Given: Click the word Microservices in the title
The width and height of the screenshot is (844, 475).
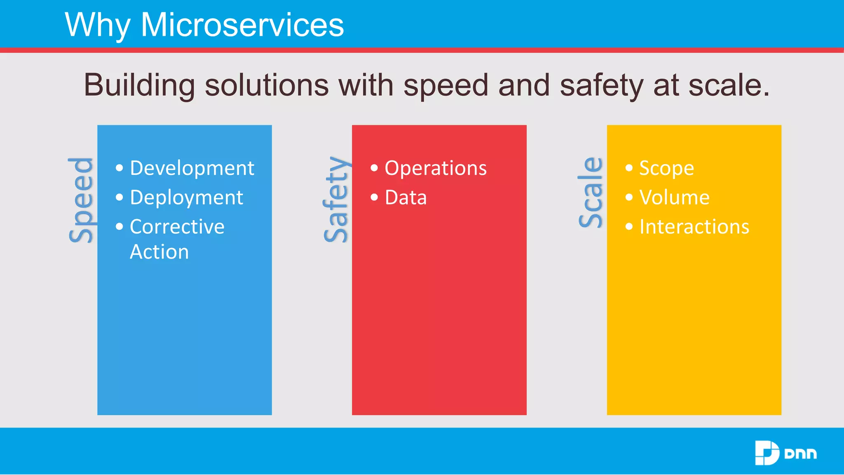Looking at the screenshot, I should point(242,25).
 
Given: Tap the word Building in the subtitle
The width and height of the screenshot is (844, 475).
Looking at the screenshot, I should point(139,85).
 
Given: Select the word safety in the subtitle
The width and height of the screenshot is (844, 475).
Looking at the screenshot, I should point(601,85).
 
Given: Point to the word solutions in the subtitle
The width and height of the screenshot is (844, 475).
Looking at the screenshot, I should point(267,85).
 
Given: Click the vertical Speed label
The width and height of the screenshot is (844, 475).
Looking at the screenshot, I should point(81,200).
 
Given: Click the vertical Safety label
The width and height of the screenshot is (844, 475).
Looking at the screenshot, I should point(336,200).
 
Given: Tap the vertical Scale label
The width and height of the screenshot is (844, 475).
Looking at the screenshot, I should point(591,193).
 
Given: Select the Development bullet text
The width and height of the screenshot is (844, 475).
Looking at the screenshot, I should point(192,168).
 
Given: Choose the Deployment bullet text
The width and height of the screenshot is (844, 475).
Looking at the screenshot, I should point(186,198).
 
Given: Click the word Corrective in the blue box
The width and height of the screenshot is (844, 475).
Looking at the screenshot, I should point(177,227).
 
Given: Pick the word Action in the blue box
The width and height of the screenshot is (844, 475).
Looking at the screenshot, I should point(159,252).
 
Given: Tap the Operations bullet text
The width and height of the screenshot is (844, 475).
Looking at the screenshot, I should point(436,168).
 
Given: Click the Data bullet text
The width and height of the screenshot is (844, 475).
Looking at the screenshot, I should point(406,198).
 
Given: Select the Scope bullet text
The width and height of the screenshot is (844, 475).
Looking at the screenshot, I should point(666,168).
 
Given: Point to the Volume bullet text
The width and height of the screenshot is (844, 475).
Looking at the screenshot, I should point(674,198).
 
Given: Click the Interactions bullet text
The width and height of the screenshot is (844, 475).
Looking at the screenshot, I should point(694,227).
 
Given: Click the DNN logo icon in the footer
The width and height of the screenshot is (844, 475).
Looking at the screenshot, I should point(767,453).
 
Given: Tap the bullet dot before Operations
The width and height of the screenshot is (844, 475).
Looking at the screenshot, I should point(374,168).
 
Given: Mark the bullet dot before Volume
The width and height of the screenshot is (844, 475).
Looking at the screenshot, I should point(629,197).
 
